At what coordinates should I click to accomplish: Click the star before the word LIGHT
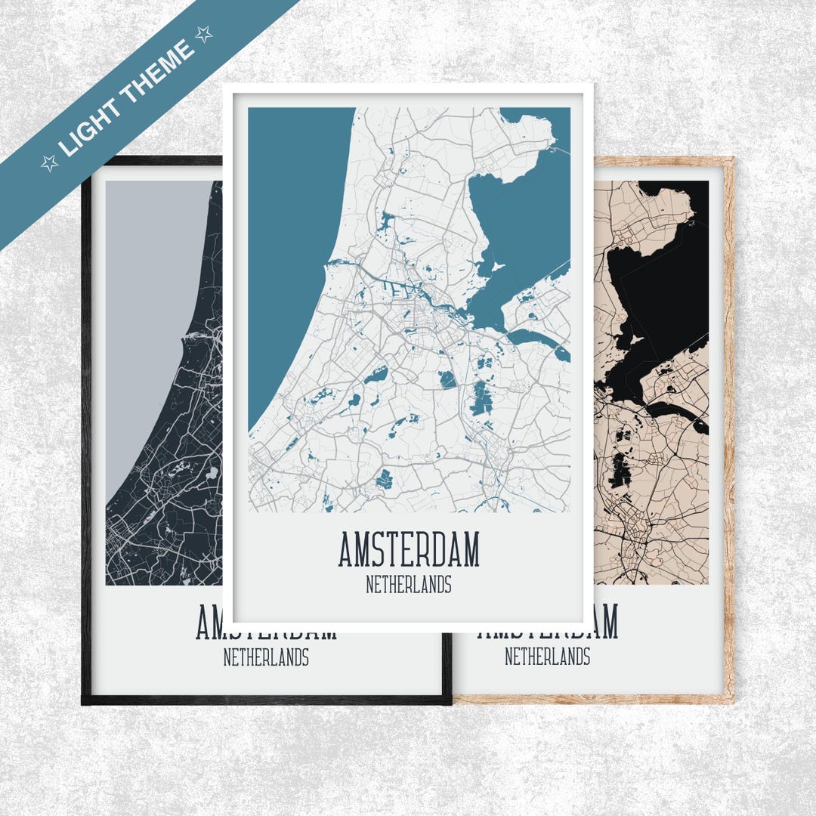(x=49, y=162)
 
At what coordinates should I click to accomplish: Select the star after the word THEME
(x=203, y=33)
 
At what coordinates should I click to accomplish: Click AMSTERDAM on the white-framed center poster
(x=408, y=549)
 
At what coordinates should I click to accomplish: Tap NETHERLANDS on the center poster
(x=408, y=585)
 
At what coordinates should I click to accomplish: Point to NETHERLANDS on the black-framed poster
(x=266, y=658)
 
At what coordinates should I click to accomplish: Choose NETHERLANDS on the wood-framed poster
(x=547, y=657)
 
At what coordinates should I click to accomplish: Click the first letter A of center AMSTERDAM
(x=346, y=550)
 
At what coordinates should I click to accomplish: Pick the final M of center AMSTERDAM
(x=470, y=550)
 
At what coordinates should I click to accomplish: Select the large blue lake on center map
(x=521, y=227)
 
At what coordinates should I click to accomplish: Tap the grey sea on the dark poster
(x=151, y=302)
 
